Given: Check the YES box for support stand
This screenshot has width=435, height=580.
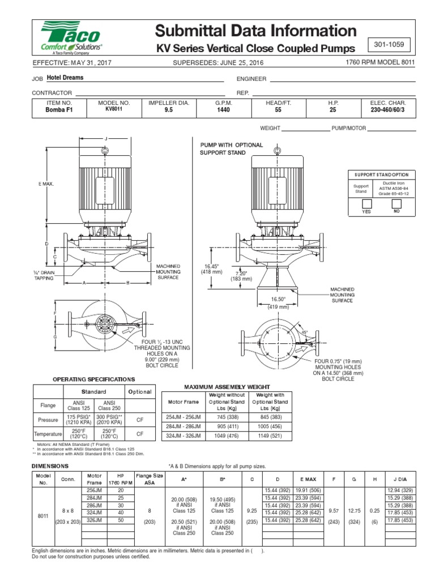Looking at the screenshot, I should (x=366, y=203).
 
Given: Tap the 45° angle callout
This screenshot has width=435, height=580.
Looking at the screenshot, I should (x=304, y=332).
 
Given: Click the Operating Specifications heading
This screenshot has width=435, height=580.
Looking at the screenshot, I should (x=94, y=378).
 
